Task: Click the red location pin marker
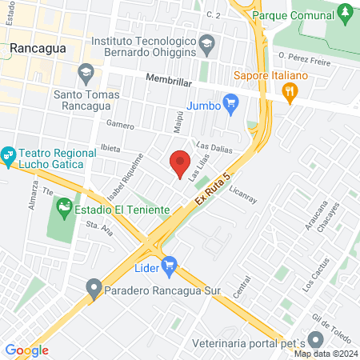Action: pyautogui.click(x=180, y=162)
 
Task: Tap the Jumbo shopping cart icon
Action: pyautogui.click(x=231, y=102)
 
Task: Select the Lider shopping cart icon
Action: pyautogui.click(x=168, y=265)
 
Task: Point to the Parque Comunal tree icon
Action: pyautogui.click(x=345, y=13)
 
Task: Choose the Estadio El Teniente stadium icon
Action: pyautogui.click(x=64, y=210)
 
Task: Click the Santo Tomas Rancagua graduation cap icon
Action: pyautogui.click(x=86, y=74)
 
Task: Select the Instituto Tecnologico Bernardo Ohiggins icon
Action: pyautogui.click(x=206, y=44)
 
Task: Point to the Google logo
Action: pyautogui.click(x=26, y=350)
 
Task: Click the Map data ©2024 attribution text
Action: pyautogui.click(x=325, y=354)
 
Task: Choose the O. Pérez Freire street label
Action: pyautogui.click(x=306, y=57)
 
